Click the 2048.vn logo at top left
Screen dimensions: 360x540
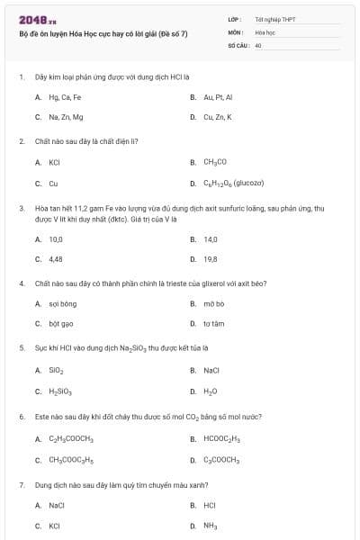(x=31, y=19)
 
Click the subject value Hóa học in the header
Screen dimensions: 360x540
(x=265, y=31)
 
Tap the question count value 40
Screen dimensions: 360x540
(x=258, y=44)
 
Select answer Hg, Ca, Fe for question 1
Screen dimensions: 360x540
(x=65, y=96)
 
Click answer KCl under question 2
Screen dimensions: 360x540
(x=54, y=163)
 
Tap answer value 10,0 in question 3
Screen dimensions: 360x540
(x=56, y=239)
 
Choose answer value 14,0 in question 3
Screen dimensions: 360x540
(x=211, y=239)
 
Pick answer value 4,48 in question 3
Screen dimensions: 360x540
(x=56, y=259)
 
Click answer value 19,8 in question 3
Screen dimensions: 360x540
(x=211, y=259)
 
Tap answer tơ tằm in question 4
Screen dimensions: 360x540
(x=213, y=323)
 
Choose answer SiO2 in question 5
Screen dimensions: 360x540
(x=56, y=370)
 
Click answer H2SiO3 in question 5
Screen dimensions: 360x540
(x=59, y=391)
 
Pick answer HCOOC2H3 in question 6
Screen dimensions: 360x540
(x=224, y=439)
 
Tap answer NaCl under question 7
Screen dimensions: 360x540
(x=57, y=506)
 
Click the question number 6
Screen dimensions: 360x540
(x=21, y=418)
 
